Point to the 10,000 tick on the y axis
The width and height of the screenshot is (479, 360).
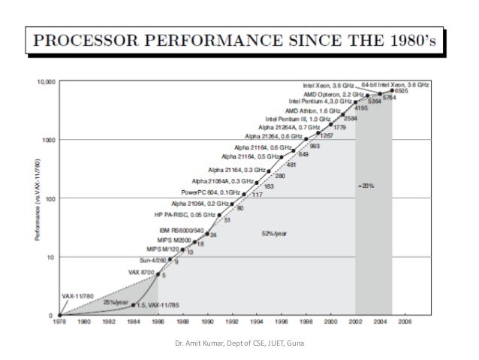(x=45, y=80)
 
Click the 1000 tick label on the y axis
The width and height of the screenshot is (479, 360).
(x=49, y=140)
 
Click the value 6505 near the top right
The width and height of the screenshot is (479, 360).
(x=402, y=91)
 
